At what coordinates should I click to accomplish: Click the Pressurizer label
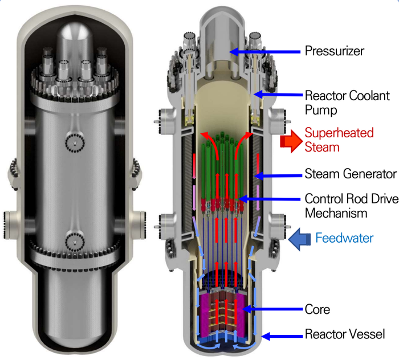click(335, 51)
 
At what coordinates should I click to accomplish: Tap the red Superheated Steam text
click(339, 140)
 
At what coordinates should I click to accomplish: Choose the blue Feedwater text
click(344, 238)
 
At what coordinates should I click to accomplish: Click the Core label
click(317, 309)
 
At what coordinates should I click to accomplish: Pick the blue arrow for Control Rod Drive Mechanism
click(270, 200)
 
